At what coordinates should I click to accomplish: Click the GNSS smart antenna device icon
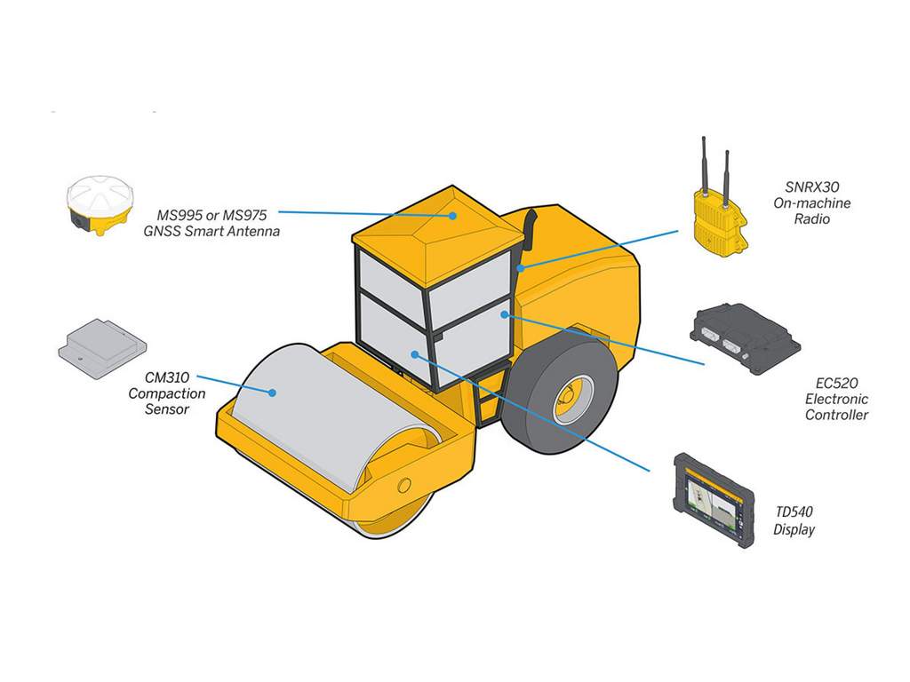(x=100, y=205)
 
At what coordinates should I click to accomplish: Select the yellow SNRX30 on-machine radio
(x=717, y=217)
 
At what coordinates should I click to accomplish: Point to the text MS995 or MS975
(x=212, y=215)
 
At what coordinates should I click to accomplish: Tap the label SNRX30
(x=811, y=187)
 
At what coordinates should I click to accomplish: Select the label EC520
(x=836, y=384)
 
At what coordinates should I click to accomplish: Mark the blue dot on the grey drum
(x=274, y=392)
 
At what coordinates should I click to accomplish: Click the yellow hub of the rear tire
(x=571, y=400)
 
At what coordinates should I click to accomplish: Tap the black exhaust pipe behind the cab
(x=529, y=233)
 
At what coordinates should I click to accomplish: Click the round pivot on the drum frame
(x=404, y=485)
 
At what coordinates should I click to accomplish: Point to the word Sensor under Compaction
(x=167, y=409)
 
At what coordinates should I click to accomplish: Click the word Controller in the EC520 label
(x=836, y=415)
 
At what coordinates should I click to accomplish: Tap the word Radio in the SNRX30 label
(x=811, y=218)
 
